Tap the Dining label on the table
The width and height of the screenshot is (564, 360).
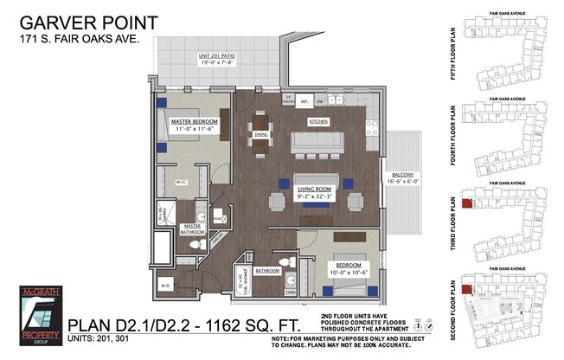(x=261, y=134)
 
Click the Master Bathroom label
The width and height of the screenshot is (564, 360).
(x=192, y=230)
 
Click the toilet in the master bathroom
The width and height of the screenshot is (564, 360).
(x=195, y=245)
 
